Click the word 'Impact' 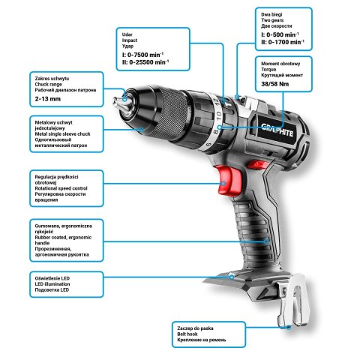click(130, 40)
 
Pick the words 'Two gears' click(271, 20)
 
